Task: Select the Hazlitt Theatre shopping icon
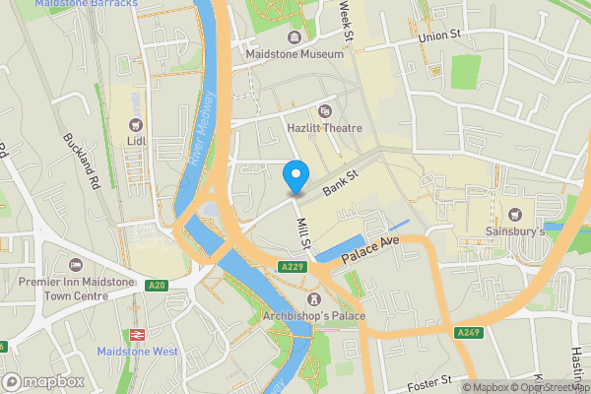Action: tap(325, 110)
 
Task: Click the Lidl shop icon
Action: tap(136, 124)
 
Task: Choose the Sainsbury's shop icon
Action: tap(513, 215)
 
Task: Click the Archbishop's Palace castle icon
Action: tap(314, 298)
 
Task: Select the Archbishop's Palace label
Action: tap(314, 316)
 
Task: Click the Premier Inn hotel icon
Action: tap(76, 265)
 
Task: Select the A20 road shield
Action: tap(156, 286)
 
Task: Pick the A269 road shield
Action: tap(469, 333)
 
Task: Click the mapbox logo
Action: tap(42, 380)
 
